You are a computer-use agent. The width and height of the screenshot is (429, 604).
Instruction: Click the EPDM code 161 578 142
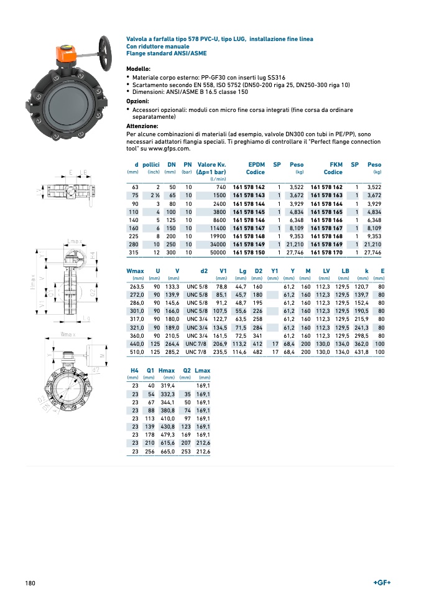(249, 187)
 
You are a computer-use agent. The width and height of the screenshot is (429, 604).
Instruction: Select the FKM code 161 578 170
(326, 253)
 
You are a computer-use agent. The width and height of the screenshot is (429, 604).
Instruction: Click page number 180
(30, 583)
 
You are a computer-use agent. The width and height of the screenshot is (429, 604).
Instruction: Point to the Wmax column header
(135, 271)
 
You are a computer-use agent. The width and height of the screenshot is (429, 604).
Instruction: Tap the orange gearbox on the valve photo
(65, 55)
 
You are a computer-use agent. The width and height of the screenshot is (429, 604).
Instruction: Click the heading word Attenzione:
(143, 126)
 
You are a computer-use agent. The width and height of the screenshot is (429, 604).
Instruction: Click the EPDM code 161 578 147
(249, 228)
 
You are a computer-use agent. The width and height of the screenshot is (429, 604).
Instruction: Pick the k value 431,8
(361, 351)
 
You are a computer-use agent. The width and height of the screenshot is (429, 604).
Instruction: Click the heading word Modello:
(139, 68)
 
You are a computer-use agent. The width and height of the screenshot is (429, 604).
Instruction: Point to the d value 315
(134, 253)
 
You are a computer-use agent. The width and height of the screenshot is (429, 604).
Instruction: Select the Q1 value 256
(149, 452)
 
